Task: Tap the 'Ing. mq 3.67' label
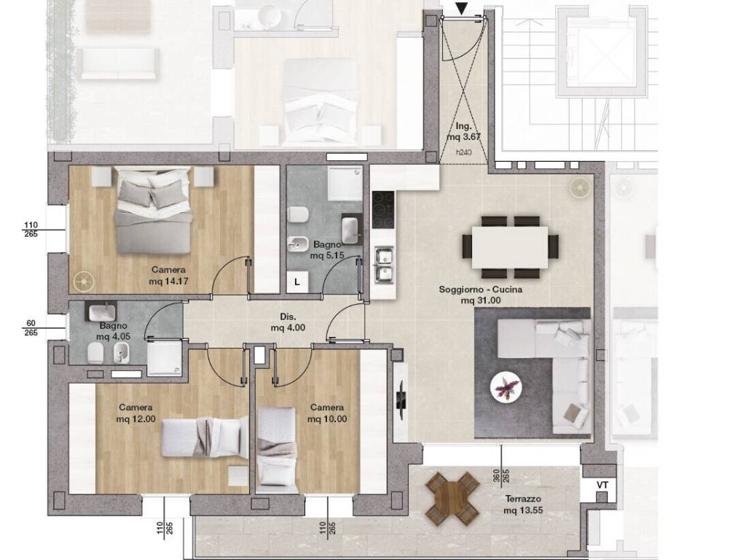click(x=463, y=131)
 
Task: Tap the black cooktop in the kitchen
click(x=383, y=210)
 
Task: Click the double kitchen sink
click(x=383, y=265)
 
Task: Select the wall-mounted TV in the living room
click(x=401, y=400)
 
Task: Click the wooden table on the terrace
click(x=452, y=499)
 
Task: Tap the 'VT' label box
click(x=602, y=486)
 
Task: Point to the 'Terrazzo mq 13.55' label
click(x=523, y=505)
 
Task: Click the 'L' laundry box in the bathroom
click(x=297, y=282)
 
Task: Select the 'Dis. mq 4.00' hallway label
click(x=288, y=322)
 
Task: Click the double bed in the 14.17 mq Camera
click(x=154, y=209)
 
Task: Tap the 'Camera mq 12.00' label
click(x=136, y=413)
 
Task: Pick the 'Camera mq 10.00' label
click(x=327, y=413)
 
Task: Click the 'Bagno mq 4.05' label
click(x=113, y=331)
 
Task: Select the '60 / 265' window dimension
click(x=31, y=329)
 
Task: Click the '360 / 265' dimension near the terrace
click(x=500, y=475)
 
